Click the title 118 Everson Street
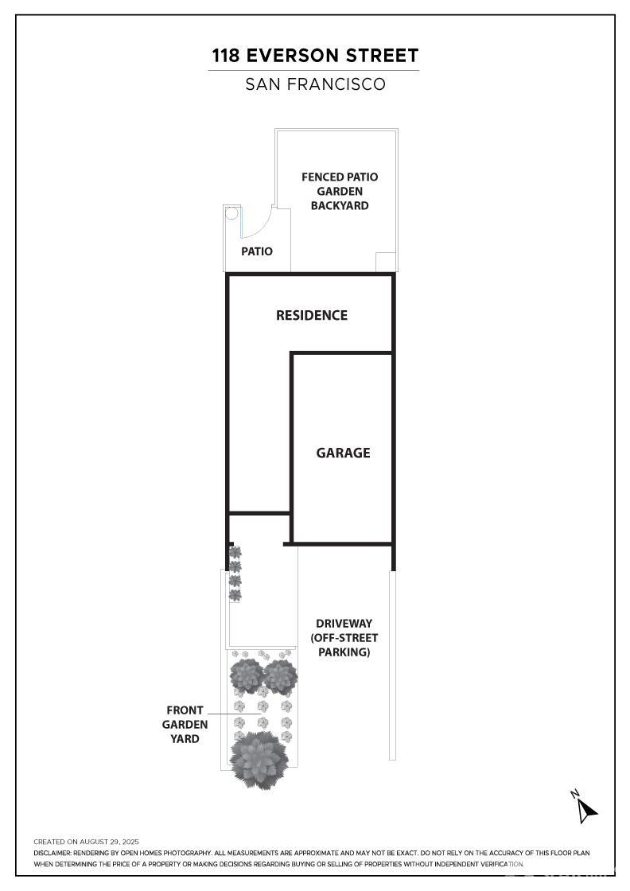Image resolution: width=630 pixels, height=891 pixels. [315, 56]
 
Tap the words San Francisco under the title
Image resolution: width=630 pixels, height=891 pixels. [315, 84]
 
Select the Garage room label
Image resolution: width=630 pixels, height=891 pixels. [343, 453]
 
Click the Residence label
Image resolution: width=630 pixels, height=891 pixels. [311, 315]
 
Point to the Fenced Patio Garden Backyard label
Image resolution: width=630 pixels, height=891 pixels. [340, 191]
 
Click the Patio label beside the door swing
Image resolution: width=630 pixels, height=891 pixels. [257, 251]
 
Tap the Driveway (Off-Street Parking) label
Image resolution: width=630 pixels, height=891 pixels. [344, 637]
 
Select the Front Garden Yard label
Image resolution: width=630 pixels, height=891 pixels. [185, 725]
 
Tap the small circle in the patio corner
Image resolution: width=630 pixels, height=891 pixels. [231, 214]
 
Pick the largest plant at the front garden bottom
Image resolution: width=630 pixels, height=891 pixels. [259, 760]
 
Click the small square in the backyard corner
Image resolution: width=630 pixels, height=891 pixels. [386, 262]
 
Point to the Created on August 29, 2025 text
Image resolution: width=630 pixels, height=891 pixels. [87, 842]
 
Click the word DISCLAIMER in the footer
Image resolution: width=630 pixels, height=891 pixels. [52, 853]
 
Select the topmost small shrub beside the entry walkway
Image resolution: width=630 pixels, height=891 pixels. [235, 552]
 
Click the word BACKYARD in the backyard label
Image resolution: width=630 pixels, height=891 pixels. [340, 206]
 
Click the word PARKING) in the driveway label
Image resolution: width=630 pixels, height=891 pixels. [344, 652]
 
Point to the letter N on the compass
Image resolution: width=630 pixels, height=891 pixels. [575, 794]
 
